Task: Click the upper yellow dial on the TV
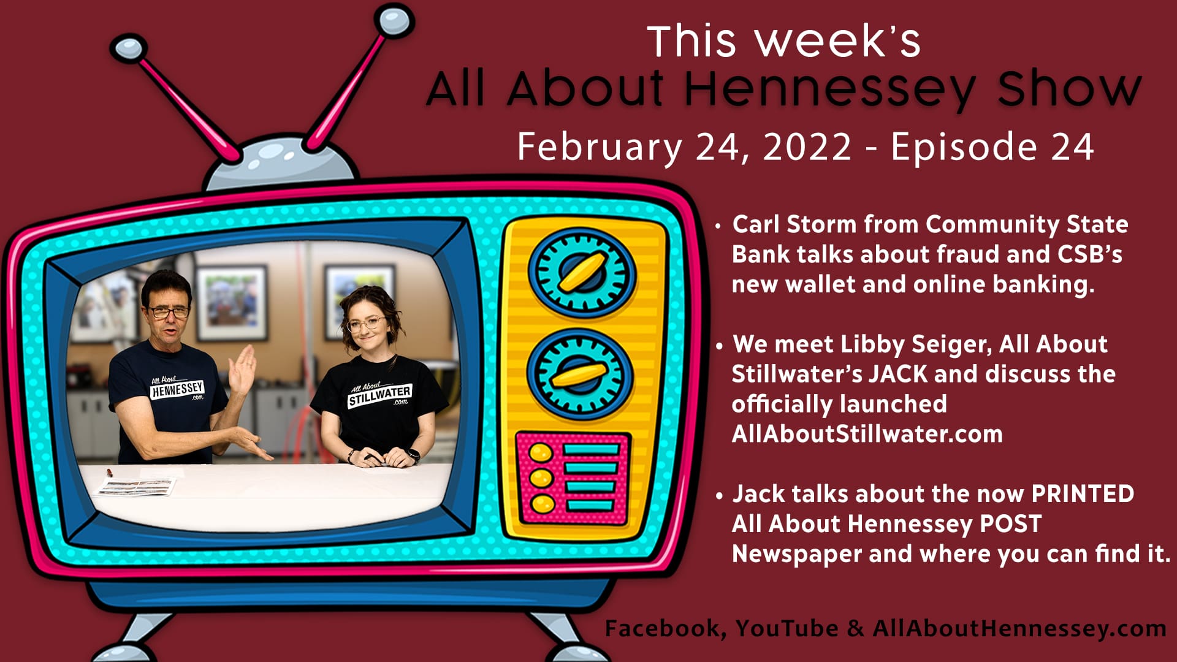(x=582, y=272)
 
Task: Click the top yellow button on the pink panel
(x=541, y=453)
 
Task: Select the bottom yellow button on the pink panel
(x=542, y=504)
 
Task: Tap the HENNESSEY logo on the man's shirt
(x=177, y=389)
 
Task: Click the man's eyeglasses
(x=168, y=312)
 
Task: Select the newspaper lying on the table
(x=135, y=487)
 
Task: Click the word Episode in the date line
(x=963, y=148)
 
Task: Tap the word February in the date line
(x=599, y=148)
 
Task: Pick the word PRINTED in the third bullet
(x=1083, y=494)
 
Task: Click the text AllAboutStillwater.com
(x=867, y=434)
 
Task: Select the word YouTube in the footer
(x=787, y=628)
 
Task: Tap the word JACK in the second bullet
(x=898, y=375)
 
